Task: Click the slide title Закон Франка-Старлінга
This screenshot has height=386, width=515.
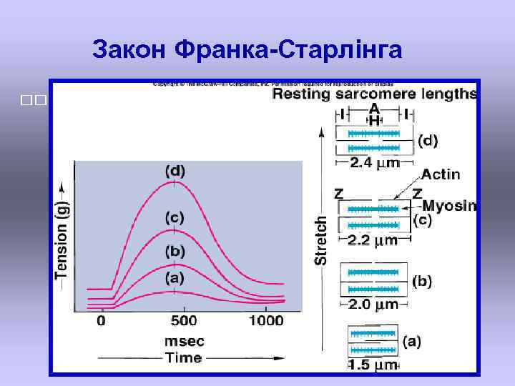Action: pos(247,49)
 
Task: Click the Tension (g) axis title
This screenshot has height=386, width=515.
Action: pos(62,236)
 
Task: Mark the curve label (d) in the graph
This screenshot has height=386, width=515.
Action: pos(175,172)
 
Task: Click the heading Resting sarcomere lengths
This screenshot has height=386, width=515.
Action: pos(374,93)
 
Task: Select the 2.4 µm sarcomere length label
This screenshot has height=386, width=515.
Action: pos(375,163)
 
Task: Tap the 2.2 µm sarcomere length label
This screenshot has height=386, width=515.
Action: pos(373,239)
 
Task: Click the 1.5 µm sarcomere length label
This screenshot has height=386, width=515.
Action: pos(373,365)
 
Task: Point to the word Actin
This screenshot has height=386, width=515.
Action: pos(441,174)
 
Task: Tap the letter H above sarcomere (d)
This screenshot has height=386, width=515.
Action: pos(373,121)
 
